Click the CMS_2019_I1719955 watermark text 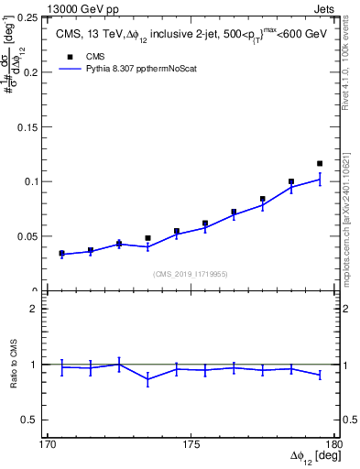click(191, 273)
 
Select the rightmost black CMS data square click(320, 164)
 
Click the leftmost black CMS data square click(61, 253)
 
